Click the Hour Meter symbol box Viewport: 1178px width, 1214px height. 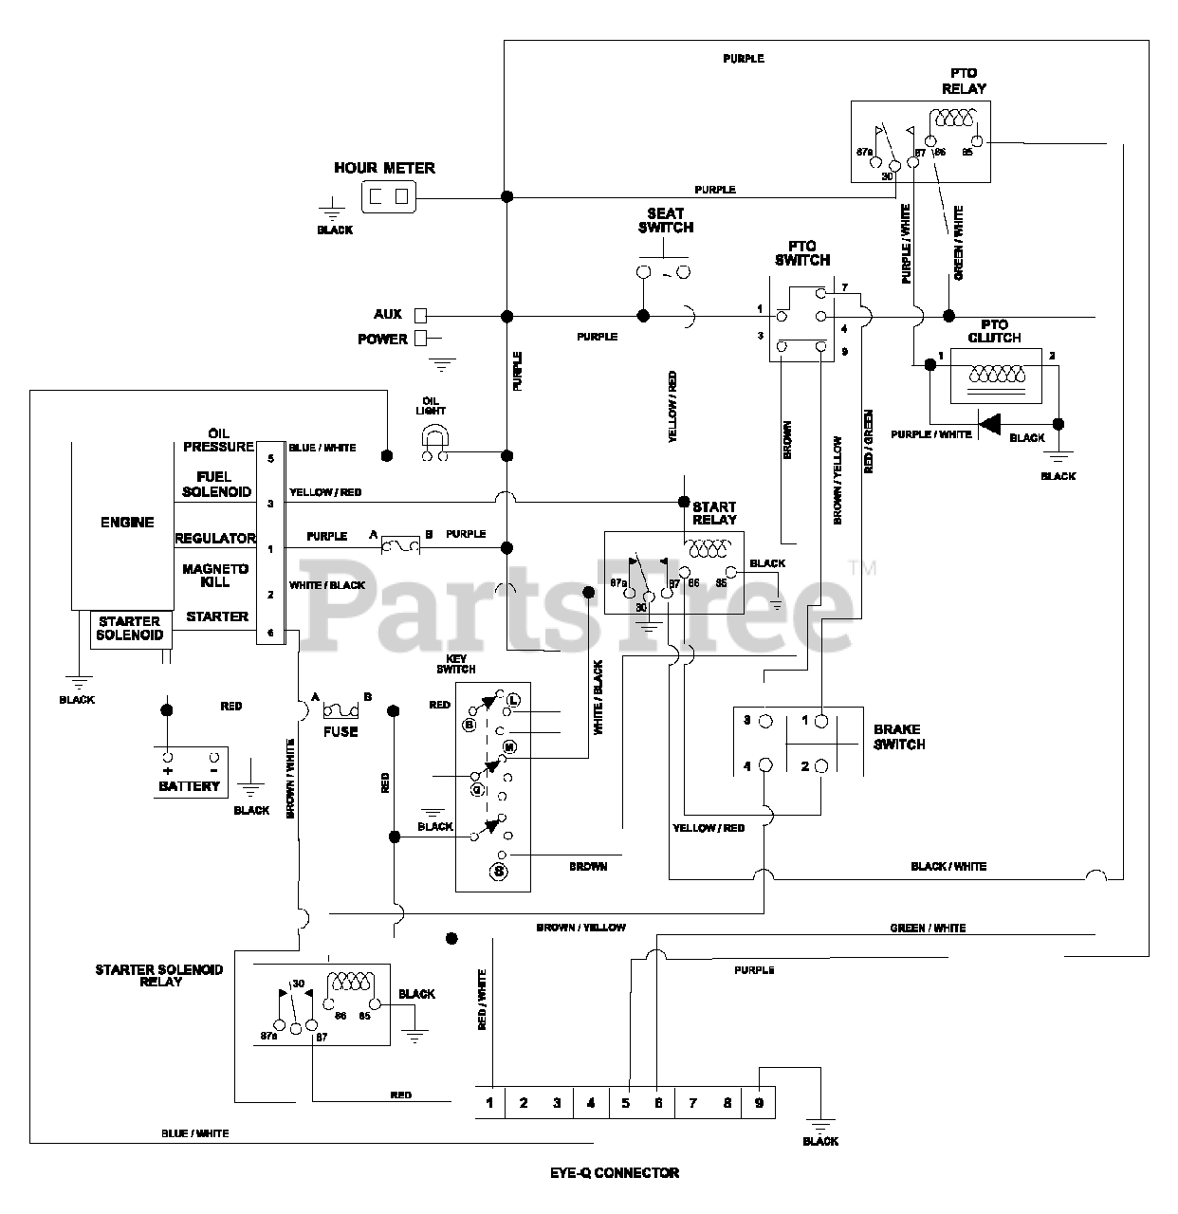click(388, 197)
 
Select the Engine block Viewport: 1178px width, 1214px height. click(127, 523)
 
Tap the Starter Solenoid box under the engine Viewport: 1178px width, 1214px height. click(131, 629)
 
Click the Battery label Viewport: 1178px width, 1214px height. click(190, 786)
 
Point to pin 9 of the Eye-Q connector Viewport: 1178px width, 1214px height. click(760, 1102)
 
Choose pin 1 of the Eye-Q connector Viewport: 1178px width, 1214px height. click(489, 1102)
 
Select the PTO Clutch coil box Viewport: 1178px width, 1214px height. click(994, 374)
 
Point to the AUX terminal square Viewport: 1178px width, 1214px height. click(421, 315)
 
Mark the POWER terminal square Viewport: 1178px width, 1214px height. click(421, 339)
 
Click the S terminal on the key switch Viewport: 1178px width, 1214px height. click(499, 870)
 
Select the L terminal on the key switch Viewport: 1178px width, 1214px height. click(512, 701)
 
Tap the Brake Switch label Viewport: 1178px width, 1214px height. click(898, 737)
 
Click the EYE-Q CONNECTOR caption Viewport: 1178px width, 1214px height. click(615, 1172)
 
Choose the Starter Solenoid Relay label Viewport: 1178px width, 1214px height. click(158, 975)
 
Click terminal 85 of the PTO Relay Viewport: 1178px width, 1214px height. click(976, 142)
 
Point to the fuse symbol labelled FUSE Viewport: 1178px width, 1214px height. click(340, 711)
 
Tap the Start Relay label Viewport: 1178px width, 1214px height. click(714, 513)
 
